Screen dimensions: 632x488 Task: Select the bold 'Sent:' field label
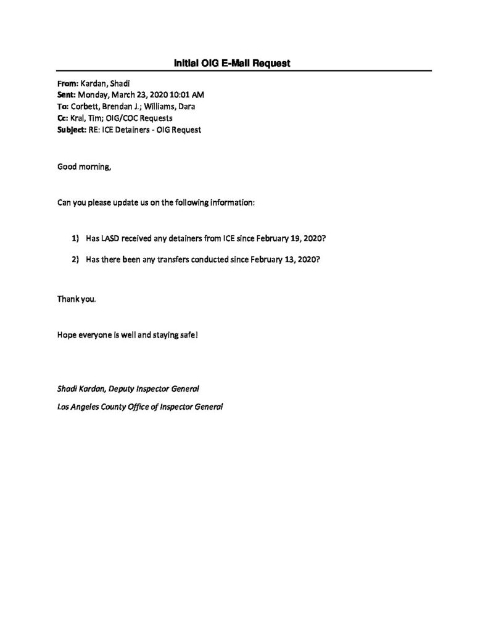point(66,96)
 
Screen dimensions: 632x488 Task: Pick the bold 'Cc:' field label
point(63,118)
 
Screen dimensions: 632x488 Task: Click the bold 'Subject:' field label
point(72,130)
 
